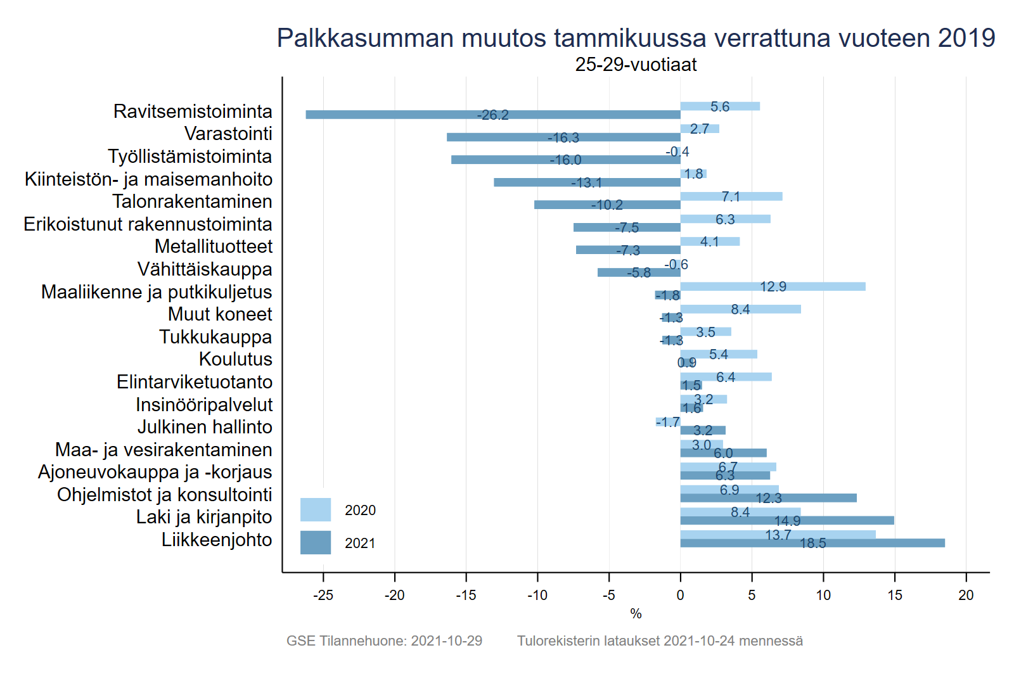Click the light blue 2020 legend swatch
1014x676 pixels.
pyautogui.click(x=316, y=509)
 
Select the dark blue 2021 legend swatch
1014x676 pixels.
pyautogui.click(x=316, y=542)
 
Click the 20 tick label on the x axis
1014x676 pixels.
pyautogui.click(x=966, y=595)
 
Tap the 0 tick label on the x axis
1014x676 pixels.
pyautogui.click(x=680, y=595)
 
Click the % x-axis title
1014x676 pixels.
pyautogui.click(x=636, y=613)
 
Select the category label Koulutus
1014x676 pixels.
pyautogui.click(x=236, y=359)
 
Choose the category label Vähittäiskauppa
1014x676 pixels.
pyautogui.click(x=205, y=269)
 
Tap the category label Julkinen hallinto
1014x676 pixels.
pyautogui.click(x=205, y=427)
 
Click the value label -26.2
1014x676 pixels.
pyautogui.click(x=493, y=115)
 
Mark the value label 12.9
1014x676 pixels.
pyautogui.click(x=773, y=286)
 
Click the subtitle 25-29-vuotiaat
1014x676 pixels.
pyautogui.click(x=636, y=65)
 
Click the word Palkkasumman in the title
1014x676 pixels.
pyautogui.click(x=366, y=38)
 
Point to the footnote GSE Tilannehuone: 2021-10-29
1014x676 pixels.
pyautogui.click(x=384, y=641)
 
